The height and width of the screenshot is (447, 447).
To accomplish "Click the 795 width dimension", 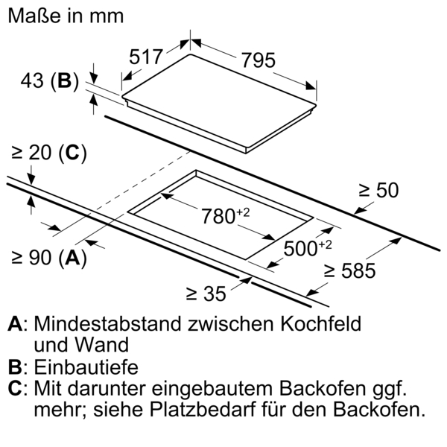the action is (259, 60).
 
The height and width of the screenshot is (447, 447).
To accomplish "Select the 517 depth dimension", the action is (146, 57).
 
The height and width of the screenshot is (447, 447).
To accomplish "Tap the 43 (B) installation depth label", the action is (50, 80).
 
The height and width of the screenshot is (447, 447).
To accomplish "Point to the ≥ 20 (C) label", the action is (49, 153).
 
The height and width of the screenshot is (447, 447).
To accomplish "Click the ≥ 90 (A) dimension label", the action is (49, 258).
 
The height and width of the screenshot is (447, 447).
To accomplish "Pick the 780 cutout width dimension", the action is (226, 216).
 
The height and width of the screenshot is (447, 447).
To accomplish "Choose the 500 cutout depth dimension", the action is (308, 248).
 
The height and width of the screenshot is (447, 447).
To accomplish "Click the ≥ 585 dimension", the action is (350, 270).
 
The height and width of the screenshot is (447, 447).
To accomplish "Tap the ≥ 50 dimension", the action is (378, 190).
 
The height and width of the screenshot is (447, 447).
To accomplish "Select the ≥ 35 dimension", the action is (206, 294).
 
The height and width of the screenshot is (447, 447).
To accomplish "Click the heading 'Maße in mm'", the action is (66, 16).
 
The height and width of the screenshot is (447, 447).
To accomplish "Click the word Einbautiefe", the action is (86, 367).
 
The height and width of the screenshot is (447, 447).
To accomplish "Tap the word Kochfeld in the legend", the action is (321, 323).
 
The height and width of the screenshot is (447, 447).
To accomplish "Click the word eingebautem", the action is (212, 389).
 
